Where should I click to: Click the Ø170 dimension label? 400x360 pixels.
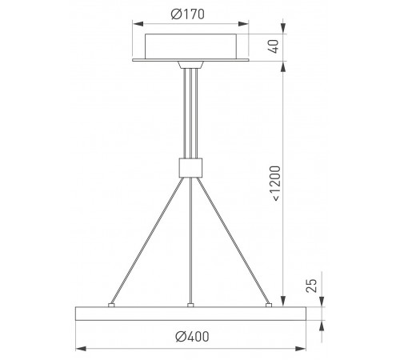click(x=187, y=14)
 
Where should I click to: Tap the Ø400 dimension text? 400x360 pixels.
click(x=192, y=337)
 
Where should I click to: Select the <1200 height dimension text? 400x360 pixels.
click(x=275, y=183)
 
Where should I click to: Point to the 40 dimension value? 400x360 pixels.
click(x=274, y=46)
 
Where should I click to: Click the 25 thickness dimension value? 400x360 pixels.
click(x=311, y=286)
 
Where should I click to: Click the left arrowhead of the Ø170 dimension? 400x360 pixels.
click(x=138, y=24)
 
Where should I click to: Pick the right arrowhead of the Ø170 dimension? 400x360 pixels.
click(x=243, y=24)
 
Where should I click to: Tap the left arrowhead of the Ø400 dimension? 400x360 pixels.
click(x=81, y=349)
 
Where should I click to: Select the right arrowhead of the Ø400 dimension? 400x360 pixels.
click(x=301, y=349)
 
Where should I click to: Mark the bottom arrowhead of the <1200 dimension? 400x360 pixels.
click(x=283, y=302)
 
